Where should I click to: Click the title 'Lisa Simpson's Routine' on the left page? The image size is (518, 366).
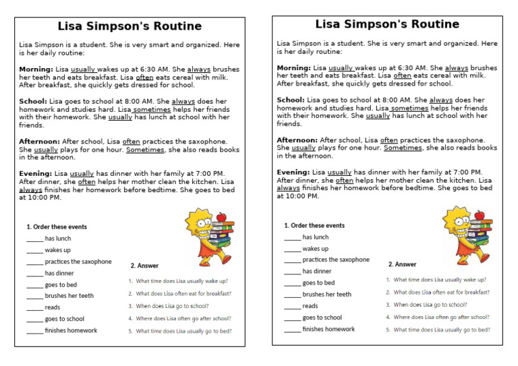coord(129,26)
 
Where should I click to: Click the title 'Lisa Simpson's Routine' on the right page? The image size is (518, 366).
coord(387,24)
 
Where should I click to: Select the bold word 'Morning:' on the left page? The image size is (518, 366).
coord(36,69)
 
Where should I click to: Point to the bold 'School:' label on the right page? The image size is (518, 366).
coord(291,100)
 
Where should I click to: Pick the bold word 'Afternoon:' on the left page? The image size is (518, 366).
coord(40,142)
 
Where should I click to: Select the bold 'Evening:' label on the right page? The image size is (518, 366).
coord(293,173)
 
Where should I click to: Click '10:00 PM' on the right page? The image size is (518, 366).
coord(301,196)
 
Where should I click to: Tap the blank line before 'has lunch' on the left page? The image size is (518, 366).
coord(34,239)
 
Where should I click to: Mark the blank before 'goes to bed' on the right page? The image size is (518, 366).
coord(292,283)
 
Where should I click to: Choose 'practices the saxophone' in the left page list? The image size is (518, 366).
coord(78,262)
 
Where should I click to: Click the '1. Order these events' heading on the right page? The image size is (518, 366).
coord(314,226)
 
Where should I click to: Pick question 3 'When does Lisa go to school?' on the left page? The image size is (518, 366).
coord(172,306)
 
